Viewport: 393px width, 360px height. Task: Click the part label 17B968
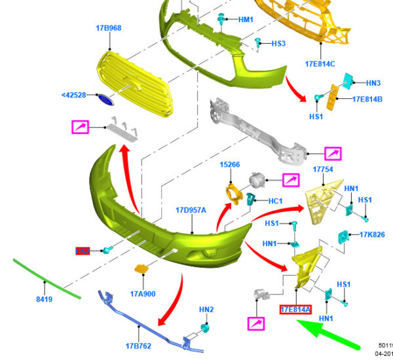point(108,28)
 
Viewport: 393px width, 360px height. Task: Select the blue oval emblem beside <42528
point(105,98)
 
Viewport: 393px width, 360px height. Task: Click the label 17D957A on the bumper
point(191,210)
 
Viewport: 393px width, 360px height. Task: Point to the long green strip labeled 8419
point(46,279)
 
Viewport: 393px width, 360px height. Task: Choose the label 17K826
point(371,234)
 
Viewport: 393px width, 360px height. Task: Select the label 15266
point(230,164)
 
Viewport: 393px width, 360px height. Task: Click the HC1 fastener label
point(275,201)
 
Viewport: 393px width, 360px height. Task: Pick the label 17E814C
point(320,64)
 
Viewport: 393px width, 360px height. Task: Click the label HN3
point(373,83)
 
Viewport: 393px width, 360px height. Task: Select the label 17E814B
point(367,99)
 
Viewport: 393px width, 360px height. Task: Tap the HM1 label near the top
point(246,20)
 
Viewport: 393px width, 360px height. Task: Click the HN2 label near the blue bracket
point(207,309)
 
